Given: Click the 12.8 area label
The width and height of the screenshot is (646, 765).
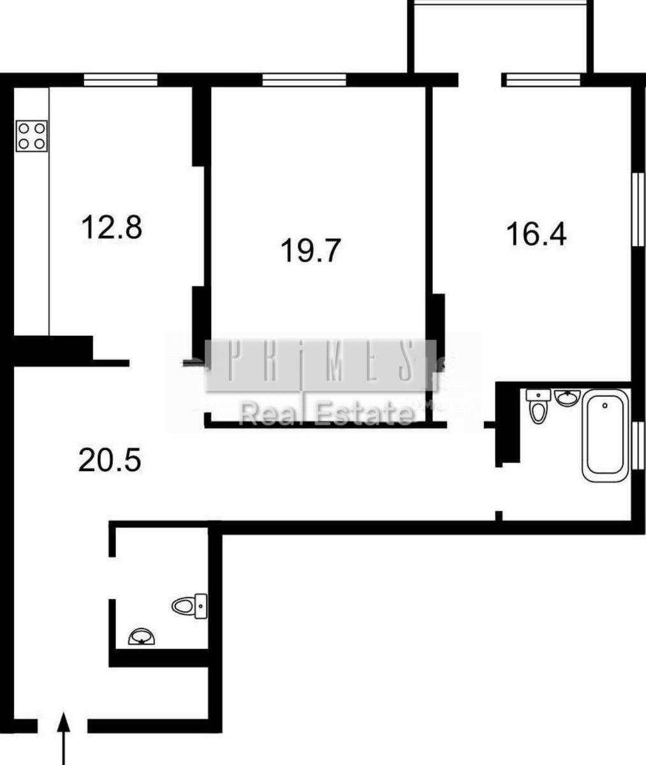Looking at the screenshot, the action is point(112,228).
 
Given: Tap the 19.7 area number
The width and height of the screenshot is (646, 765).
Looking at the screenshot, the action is point(311,251).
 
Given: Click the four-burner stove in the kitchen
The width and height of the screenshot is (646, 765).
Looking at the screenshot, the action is point(32,136).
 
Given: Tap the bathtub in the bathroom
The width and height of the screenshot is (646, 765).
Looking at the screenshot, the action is point(605,435).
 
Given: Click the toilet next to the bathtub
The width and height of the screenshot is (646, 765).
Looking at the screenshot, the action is point(538,406).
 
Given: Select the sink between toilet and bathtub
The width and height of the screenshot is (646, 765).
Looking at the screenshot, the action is point(567,397).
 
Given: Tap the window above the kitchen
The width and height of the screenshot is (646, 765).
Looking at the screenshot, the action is point(121,80).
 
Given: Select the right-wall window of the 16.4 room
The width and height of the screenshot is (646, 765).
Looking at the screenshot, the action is point(638,209).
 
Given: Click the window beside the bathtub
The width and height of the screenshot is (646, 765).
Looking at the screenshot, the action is point(638,445).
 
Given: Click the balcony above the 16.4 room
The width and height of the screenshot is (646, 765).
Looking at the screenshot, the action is point(501,36).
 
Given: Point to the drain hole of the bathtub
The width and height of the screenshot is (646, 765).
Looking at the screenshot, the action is point(605,405).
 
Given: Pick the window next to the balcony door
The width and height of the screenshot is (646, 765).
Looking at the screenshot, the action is point(541,80).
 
